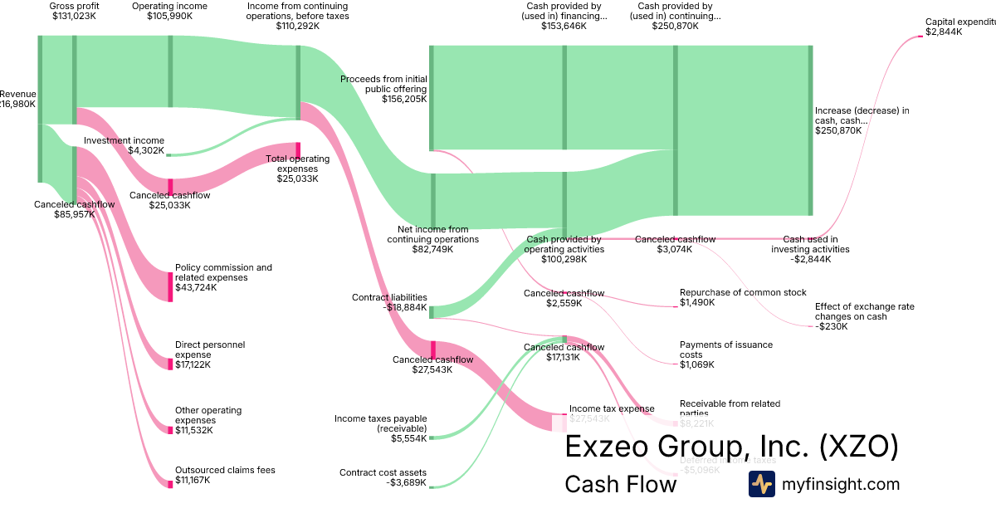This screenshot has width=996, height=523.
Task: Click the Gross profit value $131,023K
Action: [x=74, y=16]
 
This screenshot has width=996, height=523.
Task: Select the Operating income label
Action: [x=169, y=6]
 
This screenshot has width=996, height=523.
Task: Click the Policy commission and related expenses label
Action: [x=223, y=272]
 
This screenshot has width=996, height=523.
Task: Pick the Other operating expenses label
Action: [x=207, y=415]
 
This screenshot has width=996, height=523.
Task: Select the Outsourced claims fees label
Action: [x=224, y=470]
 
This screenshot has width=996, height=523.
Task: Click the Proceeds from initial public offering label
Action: [x=383, y=84]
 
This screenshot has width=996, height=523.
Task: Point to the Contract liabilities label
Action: [x=389, y=297]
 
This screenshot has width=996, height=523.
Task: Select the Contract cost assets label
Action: [x=383, y=472]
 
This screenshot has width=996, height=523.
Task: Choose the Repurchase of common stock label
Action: [x=743, y=292]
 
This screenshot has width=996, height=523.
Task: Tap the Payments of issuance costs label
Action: [x=725, y=349]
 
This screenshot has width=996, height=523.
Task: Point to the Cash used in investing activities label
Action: [x=809, y=244]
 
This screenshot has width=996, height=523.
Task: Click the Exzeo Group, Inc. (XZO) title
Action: [x=730, y=447]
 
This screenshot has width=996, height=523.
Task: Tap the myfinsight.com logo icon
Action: [x=761, y=484]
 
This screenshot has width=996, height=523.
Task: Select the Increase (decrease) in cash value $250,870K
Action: [x=837, y=130]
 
